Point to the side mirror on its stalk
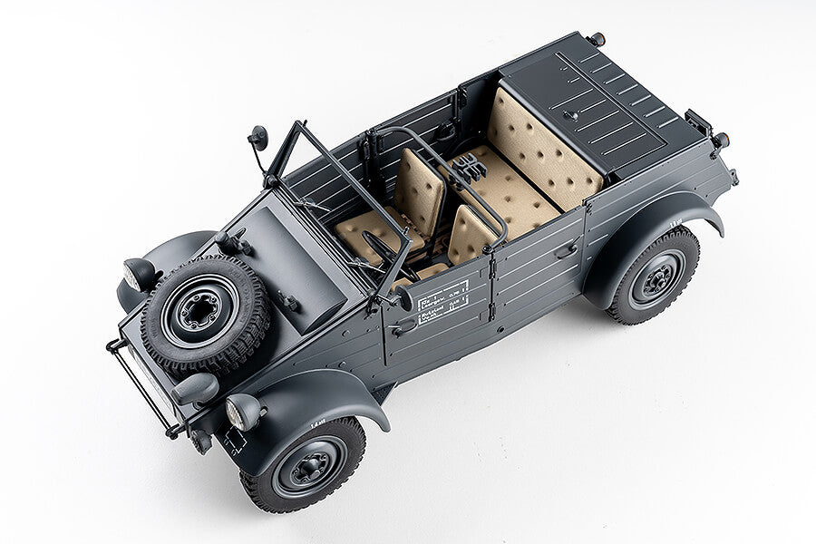point(258,139)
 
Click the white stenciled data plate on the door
point(442,301)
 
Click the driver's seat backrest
point(471,236)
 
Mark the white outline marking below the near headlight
point(233,442)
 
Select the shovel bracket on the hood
point(234,242)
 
